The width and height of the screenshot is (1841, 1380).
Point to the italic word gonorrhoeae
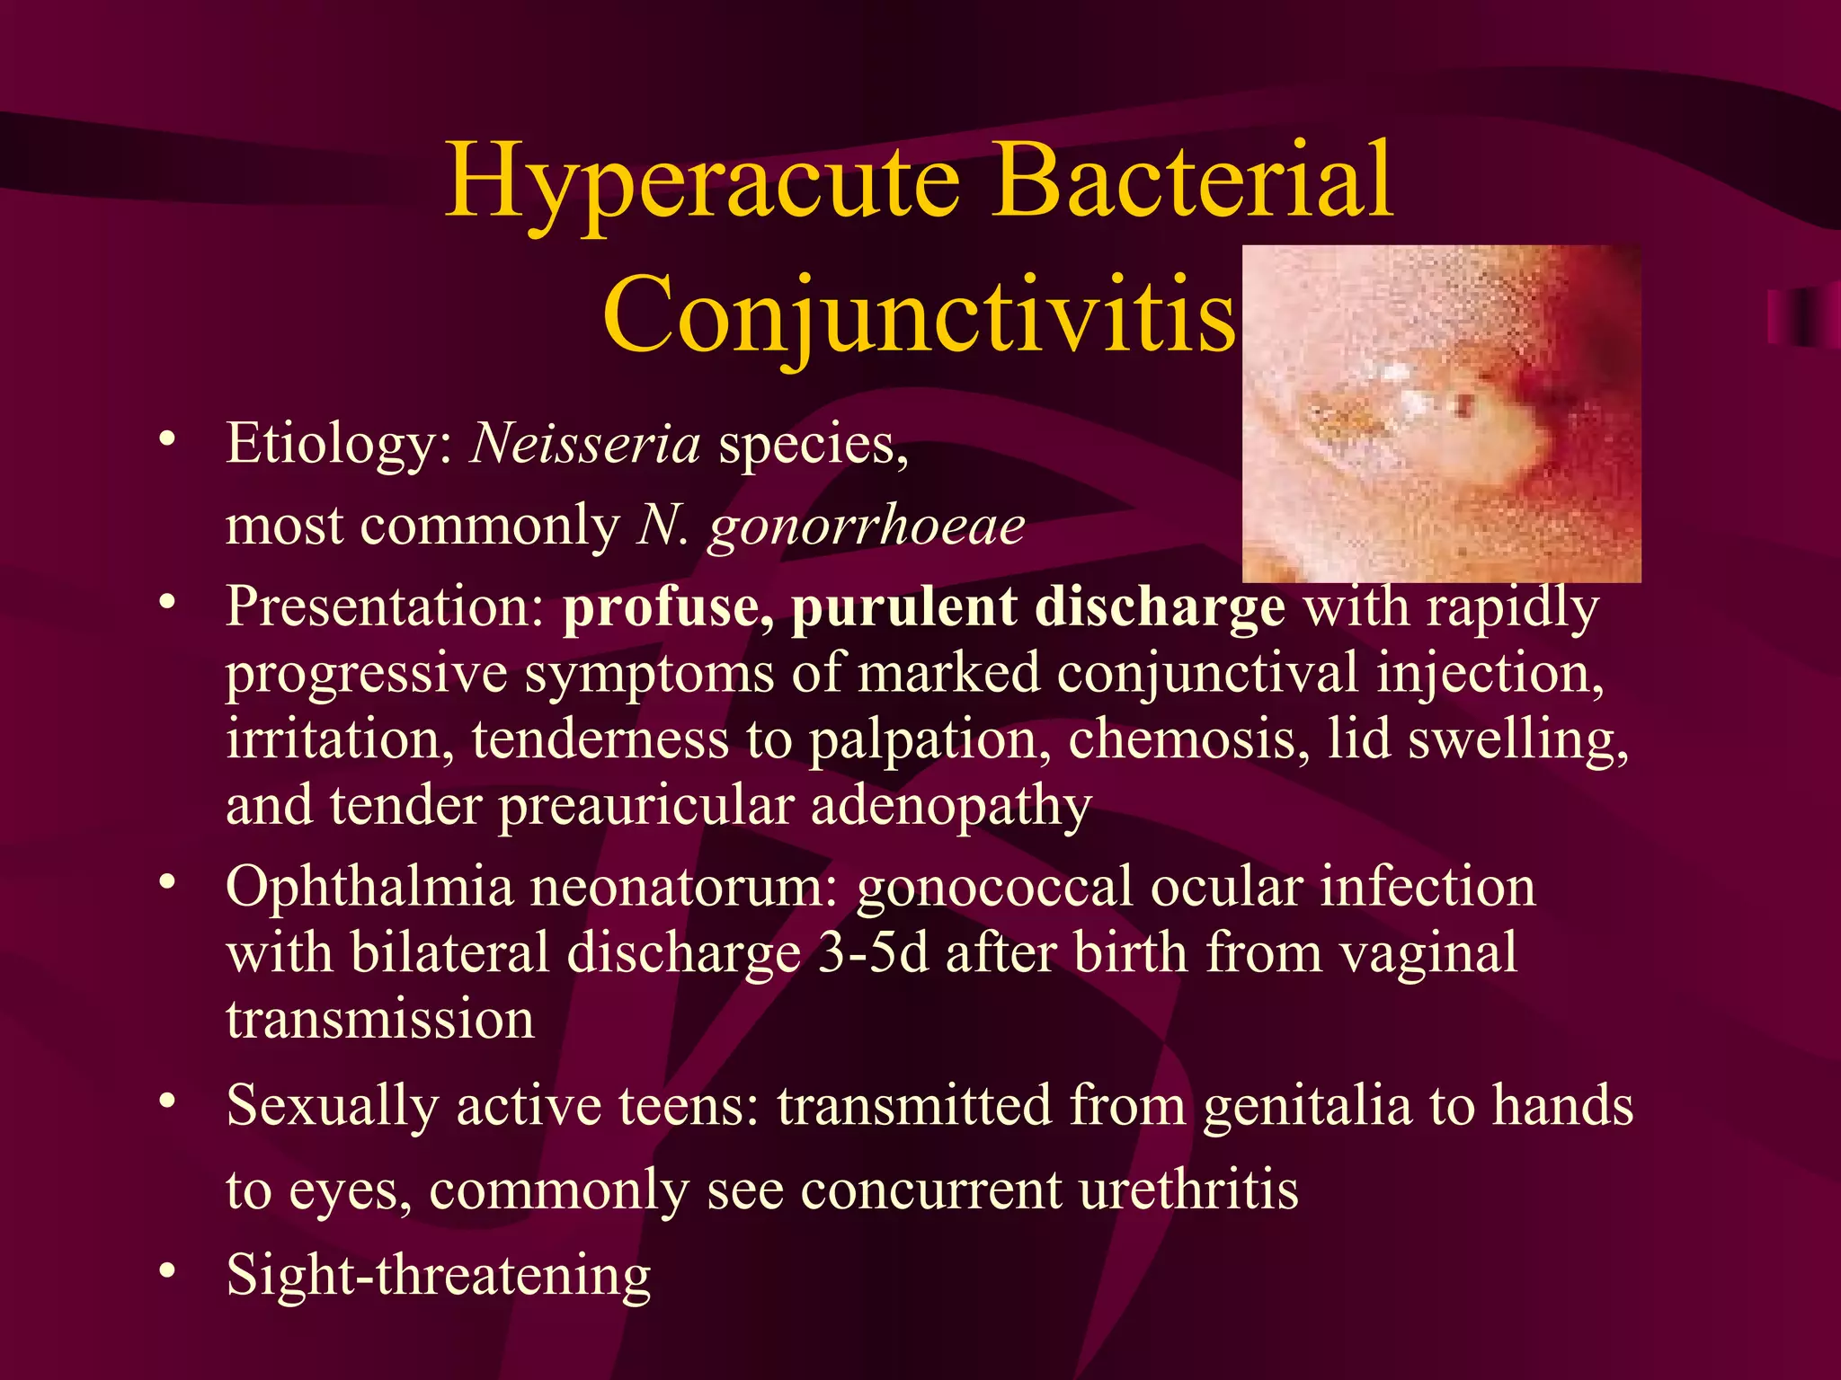point(867,526)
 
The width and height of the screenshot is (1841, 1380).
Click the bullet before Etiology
point(166,441)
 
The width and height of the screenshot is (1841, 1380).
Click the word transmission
point(380,1019)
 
